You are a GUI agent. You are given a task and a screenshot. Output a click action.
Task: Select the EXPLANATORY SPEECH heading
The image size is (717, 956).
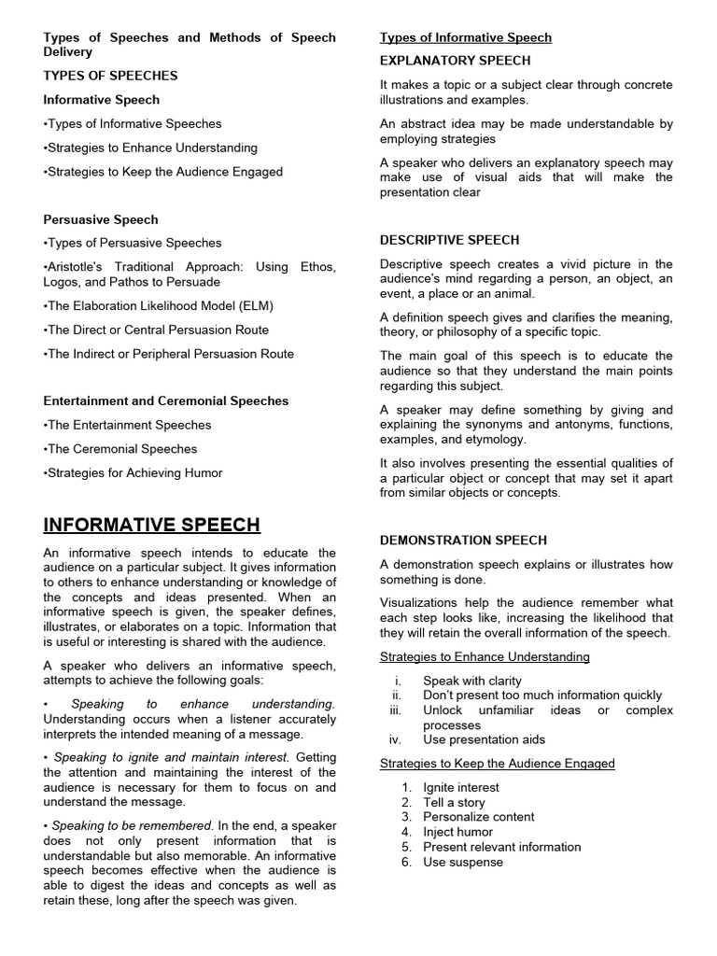click(455, 61)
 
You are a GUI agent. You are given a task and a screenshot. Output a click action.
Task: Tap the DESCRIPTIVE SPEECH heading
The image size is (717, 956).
click(449, 240)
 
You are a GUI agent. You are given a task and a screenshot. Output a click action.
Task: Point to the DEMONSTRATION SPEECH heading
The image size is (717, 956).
click(463, 541)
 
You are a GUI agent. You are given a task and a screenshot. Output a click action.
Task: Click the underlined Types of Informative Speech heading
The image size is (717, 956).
click(465, 37)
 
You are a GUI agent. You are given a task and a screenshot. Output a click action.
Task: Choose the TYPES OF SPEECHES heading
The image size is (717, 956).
click(110, 76)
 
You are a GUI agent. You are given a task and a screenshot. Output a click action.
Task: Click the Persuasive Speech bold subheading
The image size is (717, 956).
click(101, 219)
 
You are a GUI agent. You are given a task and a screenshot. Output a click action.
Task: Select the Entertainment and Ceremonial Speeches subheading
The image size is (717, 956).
click(166, 401)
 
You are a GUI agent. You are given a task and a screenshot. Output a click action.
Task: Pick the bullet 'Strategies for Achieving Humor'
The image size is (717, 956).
click(134, 472)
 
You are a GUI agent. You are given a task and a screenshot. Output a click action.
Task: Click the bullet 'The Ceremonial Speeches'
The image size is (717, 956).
click(120, 449)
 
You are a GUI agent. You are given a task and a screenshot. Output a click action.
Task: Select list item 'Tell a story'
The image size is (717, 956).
click(454, 802)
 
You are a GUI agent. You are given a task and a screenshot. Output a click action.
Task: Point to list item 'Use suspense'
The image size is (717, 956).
click(462, 862)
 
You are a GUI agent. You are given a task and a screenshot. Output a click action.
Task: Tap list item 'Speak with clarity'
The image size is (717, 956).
click(472, 681)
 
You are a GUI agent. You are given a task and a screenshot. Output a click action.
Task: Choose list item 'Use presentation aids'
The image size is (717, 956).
click(484, 739)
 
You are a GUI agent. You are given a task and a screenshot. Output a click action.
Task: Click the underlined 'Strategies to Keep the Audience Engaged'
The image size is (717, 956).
click(497, 764)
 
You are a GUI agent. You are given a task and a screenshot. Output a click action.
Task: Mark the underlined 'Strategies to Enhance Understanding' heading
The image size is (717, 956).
click(485, 656)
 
